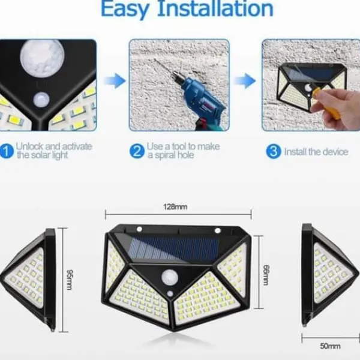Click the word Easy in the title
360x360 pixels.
125,9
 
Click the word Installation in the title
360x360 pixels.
215,9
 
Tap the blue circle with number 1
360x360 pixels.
6,151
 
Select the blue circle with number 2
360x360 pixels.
137,151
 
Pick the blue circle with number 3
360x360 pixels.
273,151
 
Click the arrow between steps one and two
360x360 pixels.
115,81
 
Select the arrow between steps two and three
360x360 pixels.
245,81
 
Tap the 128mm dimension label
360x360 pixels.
175,207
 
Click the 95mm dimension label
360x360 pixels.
70,280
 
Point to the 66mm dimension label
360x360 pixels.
266,275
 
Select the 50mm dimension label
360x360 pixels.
330,346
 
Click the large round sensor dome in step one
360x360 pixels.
42,57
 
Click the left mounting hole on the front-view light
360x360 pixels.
139,229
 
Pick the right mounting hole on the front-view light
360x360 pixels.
217,230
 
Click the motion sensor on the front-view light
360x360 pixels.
170,277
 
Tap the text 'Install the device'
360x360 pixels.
316,152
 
